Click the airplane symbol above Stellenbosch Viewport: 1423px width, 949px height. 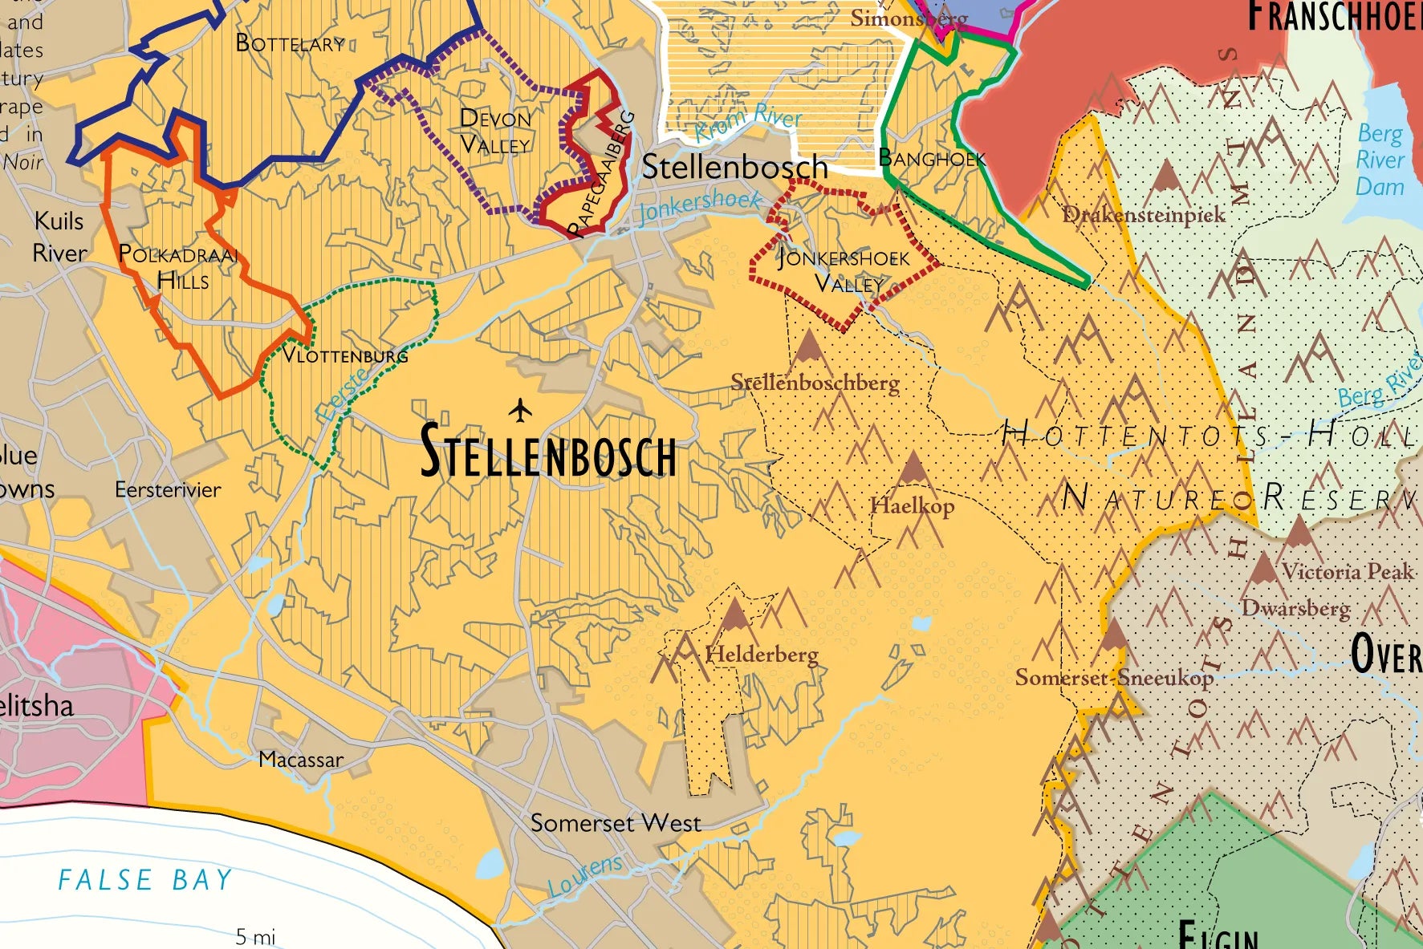tap(521, 411)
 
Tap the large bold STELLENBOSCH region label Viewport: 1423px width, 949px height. tap(548, 452)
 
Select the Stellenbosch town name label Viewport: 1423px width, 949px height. tap(734, 167)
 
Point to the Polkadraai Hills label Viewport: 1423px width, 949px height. tap(178, 267)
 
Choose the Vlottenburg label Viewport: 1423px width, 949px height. tap(345, 355)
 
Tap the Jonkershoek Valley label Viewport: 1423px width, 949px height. tap(844, 270)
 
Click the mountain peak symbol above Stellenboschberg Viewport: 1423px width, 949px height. tap(808, 347)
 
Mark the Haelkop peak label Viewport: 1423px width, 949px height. tap(912, 506)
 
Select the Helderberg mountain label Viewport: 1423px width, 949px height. tap(762, 655)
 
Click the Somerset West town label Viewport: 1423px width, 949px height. tap(616, 823)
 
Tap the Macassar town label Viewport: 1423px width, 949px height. tap(301, 759)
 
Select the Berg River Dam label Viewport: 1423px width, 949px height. tap(1380, 160)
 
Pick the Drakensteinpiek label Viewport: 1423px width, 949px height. tap(1144, 215)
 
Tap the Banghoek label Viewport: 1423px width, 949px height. tap(931, 158)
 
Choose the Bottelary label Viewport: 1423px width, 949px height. tap(290, 43)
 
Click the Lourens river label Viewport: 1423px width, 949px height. tap(585, 877)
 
